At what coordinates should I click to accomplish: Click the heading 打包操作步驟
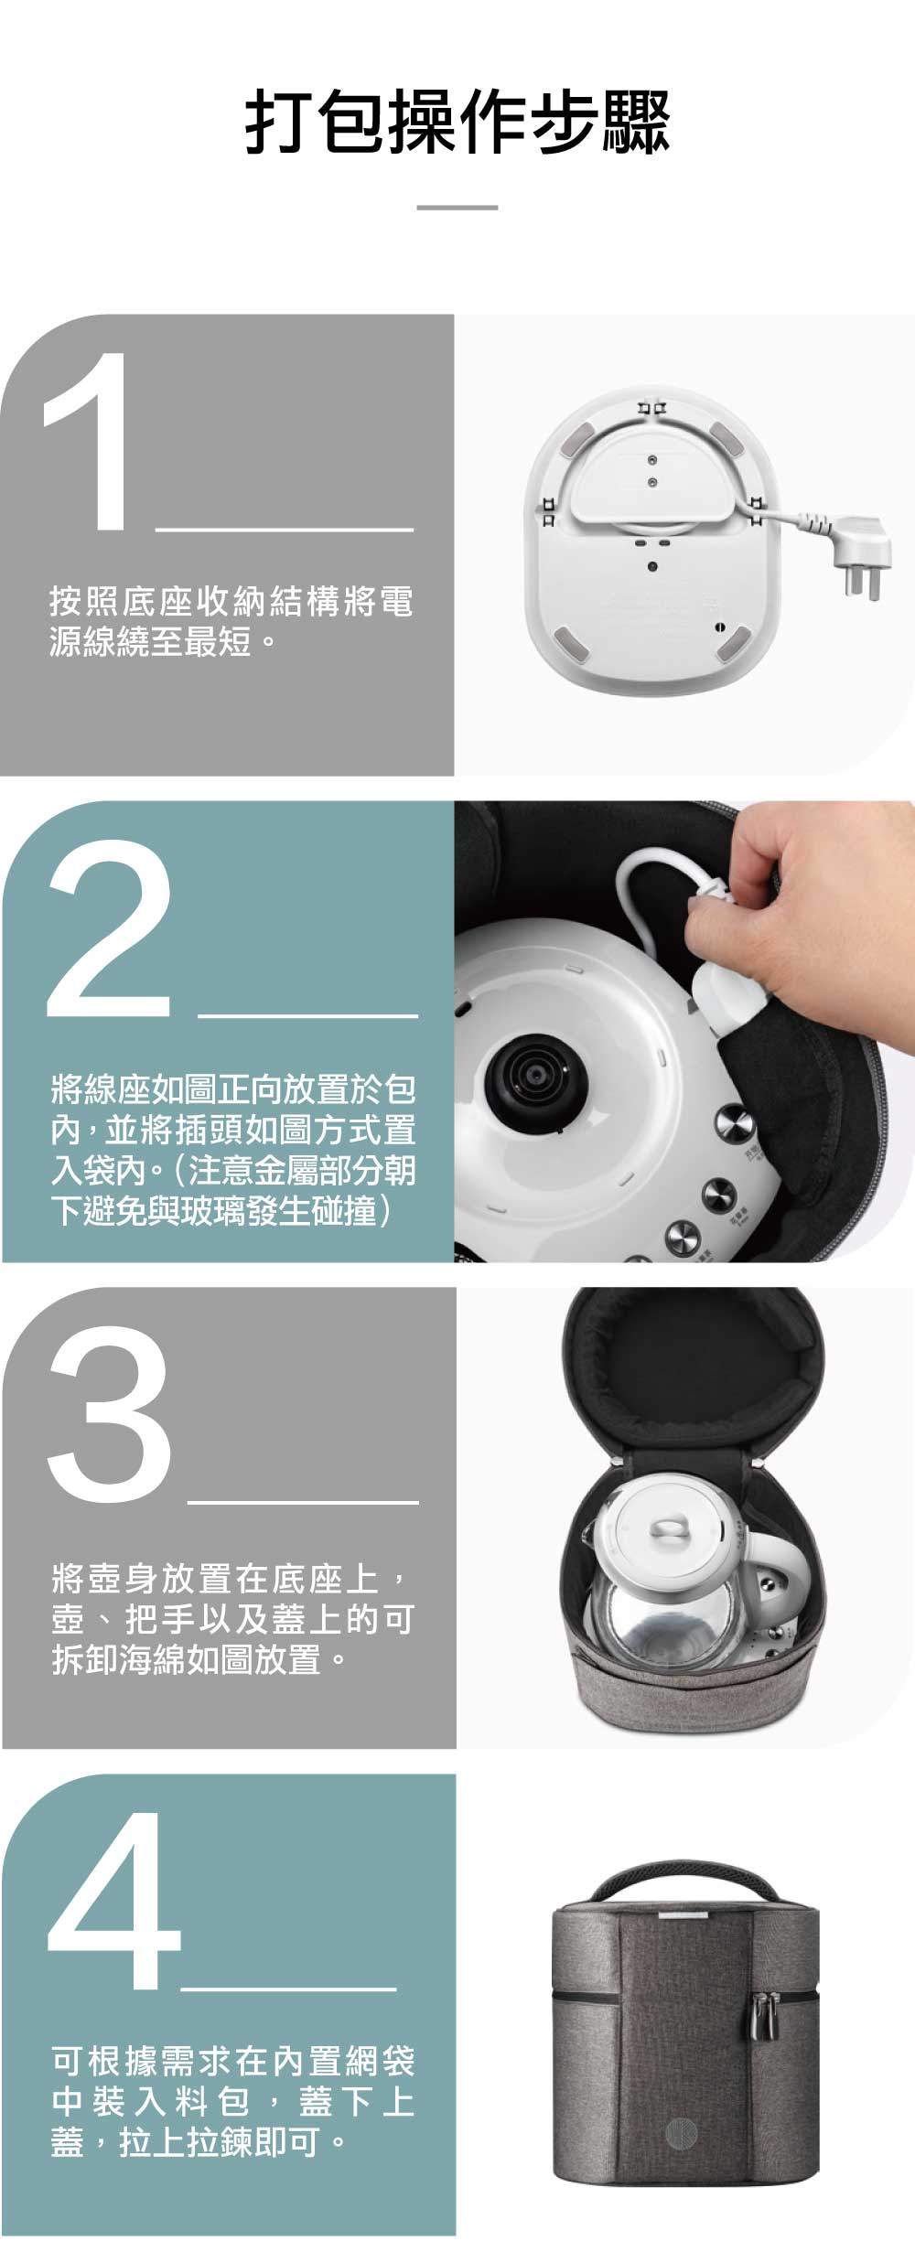457,122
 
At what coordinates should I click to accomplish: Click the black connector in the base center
531,1084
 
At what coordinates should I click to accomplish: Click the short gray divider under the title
457,208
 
